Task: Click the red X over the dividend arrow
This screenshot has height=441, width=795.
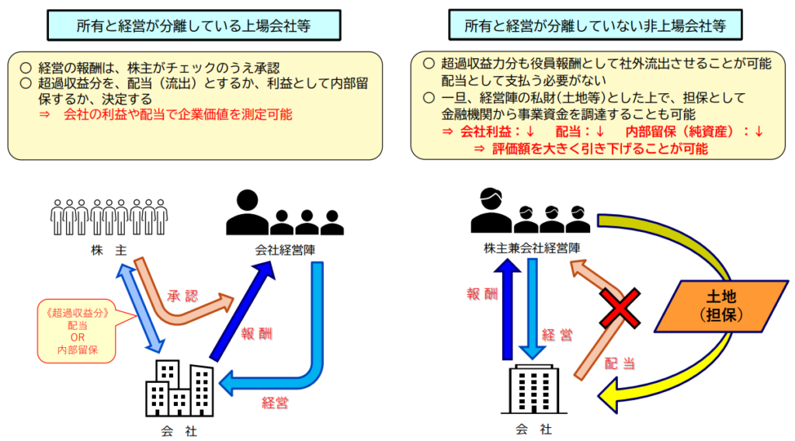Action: (620, 308)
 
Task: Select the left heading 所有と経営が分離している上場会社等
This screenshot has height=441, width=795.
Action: (194, 26)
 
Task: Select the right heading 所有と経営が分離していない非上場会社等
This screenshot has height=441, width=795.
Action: (595, 26)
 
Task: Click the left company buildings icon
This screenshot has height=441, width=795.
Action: (179, 389)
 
